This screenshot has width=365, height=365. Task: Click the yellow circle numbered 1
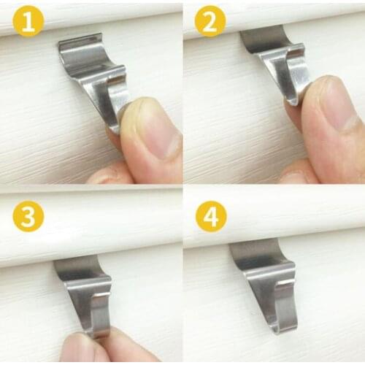coord(28,23)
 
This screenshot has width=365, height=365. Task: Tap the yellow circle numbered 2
coord(210,23)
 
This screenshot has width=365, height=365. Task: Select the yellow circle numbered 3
coord(28,217)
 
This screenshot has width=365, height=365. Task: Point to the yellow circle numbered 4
coord(210,217)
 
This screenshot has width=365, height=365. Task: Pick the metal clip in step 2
coord(281,62)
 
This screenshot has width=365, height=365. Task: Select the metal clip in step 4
coord(266,281)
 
